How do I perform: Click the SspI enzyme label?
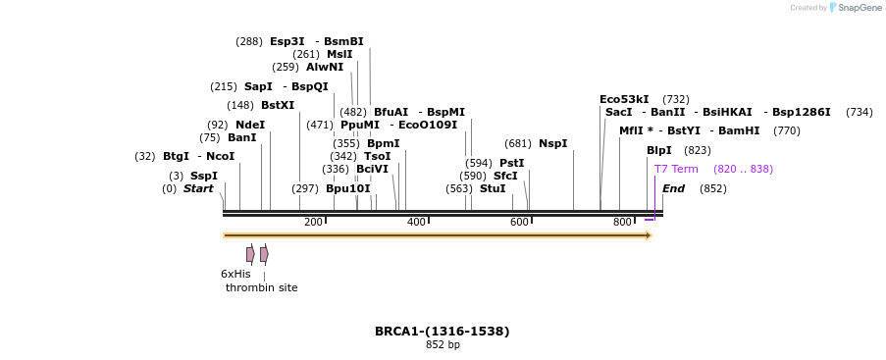click(204, 176)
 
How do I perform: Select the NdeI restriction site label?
click(250, 125)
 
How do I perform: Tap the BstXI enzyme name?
click(278, 105)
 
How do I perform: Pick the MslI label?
click(339, 54)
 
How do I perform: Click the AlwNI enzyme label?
click(325, 67)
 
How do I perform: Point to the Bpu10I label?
click(348, 188)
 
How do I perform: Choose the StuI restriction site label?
click(493, 188)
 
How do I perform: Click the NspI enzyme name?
click(553, 143)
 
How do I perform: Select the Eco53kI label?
click(624, 99)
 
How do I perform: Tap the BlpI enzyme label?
click(659, 150)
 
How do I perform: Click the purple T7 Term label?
click(676, 169)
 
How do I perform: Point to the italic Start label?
click(198, 188)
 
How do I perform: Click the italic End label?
click(673, 188)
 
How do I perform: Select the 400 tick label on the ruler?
click(416, 222)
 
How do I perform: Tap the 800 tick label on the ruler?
click(622, 222)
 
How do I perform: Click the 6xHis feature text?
click(235, 274)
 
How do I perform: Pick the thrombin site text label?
click(261, 287)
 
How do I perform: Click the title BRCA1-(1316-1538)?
click(443, 331)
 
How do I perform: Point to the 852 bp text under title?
click(443, 345)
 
